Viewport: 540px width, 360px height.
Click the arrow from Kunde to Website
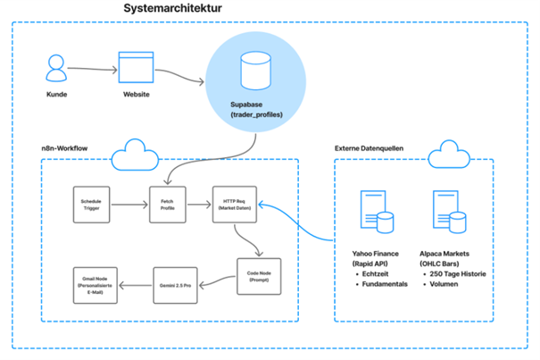[94, 69]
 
